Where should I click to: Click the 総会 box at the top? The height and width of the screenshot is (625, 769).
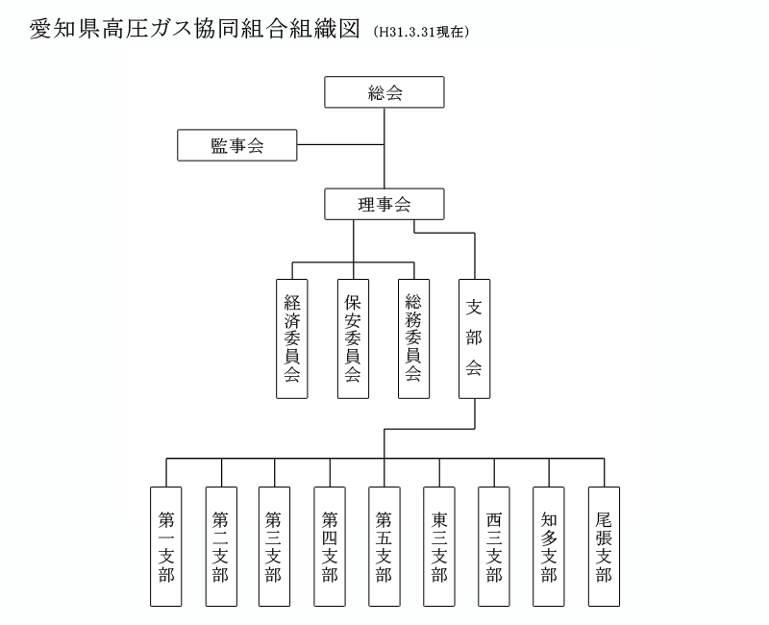click(384, 91)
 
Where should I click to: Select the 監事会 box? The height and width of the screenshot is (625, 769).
click(236, 145)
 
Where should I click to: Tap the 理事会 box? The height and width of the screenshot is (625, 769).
click(384, 204)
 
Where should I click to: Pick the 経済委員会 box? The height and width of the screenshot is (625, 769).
click(292, 338)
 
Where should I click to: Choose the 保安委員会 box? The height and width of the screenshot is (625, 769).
click(353, 338)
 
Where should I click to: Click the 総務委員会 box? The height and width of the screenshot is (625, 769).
click(414, 338)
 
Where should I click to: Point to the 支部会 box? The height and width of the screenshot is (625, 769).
click(474, 338)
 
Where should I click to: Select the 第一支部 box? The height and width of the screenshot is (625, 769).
click(166, 546)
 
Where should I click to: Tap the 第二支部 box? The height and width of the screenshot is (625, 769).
click(221, 546)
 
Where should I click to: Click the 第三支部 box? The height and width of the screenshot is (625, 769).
click(275, 546)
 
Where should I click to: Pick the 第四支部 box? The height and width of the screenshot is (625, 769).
click(330, 546)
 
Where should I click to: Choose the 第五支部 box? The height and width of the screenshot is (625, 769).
click(384, 546)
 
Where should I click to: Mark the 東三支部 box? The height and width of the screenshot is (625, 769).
click(439, 546)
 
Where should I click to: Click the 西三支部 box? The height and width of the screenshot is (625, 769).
click(494, 546)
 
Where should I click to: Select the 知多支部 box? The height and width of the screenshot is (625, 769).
click(549, 546)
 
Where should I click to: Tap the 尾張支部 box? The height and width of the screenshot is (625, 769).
click(605, 546)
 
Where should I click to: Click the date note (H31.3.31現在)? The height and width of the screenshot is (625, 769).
click(421, 32)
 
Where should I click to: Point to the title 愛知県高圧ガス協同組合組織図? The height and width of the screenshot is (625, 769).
click(195, 29)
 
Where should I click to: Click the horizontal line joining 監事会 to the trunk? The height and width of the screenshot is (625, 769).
click(340, 145)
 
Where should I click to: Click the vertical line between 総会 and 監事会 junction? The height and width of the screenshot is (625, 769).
click(384, 126)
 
